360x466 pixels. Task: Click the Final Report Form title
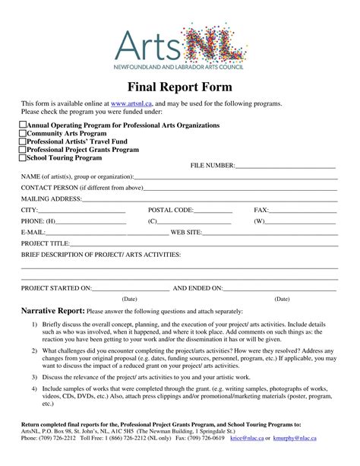(180, 85)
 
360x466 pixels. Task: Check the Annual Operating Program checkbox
(22, 125)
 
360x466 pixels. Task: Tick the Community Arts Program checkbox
(22, 133)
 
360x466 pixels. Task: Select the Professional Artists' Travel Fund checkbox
(22, 141)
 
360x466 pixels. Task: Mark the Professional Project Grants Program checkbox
(22, 150)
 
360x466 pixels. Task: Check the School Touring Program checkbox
(22, 158)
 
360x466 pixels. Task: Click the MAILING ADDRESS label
(51, 199)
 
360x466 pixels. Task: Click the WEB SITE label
(186, 233)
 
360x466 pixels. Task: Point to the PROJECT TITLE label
(45, 243)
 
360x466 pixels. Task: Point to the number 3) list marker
(34, 376)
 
